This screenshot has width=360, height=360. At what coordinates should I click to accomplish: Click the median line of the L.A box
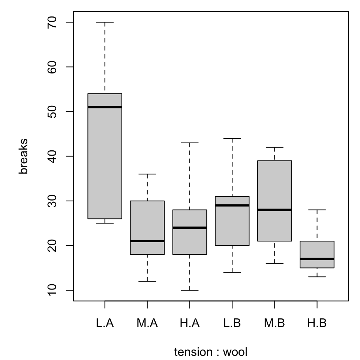click(105, 107)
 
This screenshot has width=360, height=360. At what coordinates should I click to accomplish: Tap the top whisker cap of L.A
click(105, 22)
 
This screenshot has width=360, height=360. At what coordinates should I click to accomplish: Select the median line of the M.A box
click(147, 241)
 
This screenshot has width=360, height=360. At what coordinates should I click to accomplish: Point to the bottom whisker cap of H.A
click(190, 290)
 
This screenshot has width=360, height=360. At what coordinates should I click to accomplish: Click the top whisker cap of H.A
click(190, 143)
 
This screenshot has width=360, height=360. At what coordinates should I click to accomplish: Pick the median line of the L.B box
click(232, 205)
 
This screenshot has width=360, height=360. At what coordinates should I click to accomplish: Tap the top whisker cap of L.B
click(232, 138)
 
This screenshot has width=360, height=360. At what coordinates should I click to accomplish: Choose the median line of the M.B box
click(274, 210)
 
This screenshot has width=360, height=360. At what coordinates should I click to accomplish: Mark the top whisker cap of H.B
click(317, 210)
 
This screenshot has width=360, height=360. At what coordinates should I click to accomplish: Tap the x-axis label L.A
click(105, 323)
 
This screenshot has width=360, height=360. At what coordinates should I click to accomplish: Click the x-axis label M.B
click(274, 323)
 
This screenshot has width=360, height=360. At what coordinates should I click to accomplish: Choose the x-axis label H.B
click(317, 323)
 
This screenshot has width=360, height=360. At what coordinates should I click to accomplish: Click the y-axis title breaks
click(24, 156)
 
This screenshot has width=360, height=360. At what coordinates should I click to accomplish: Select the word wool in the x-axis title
click(235, 352)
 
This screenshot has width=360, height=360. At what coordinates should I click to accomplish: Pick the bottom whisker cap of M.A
click(147, 281)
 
